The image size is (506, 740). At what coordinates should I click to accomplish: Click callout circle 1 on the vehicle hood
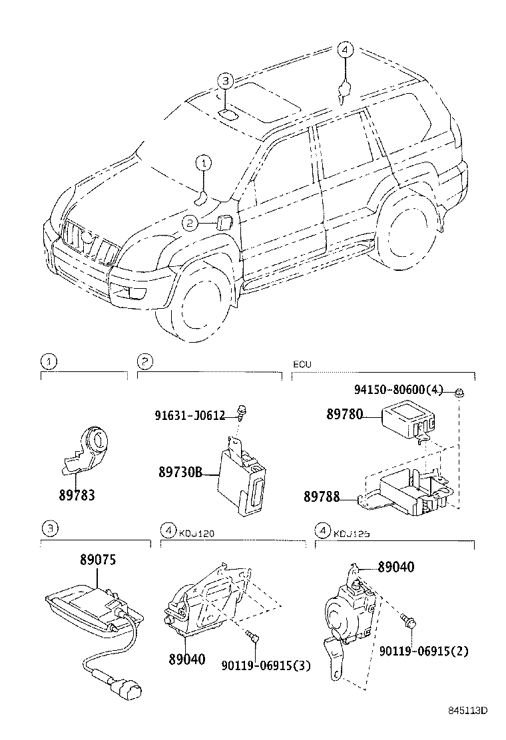(x=204, y=161)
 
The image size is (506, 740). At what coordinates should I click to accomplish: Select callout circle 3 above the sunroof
(x=226, y=81)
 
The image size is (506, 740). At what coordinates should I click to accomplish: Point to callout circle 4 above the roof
(x=344, y=49)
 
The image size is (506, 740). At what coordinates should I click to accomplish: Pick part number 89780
(x=344, y=414)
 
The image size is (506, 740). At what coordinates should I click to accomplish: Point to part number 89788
(x=322, y=496)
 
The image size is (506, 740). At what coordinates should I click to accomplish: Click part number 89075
(x=98, y=560)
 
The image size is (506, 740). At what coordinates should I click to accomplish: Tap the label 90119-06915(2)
(x=424, y=650)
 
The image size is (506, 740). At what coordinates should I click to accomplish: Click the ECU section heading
(x=302, y=365)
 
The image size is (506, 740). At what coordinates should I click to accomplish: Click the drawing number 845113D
(x=467, y=710)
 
